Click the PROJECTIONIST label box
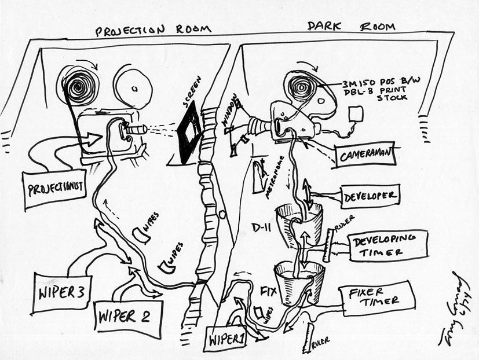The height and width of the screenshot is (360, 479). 53,189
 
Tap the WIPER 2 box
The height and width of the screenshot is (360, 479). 128,317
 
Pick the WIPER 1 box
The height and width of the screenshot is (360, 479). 225,337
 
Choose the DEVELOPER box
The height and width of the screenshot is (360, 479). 370,196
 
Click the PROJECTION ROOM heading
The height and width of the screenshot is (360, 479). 153,29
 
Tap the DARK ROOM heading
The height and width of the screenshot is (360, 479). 351,27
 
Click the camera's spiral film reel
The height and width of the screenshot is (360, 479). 301,89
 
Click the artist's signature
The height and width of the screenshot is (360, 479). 455,310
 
